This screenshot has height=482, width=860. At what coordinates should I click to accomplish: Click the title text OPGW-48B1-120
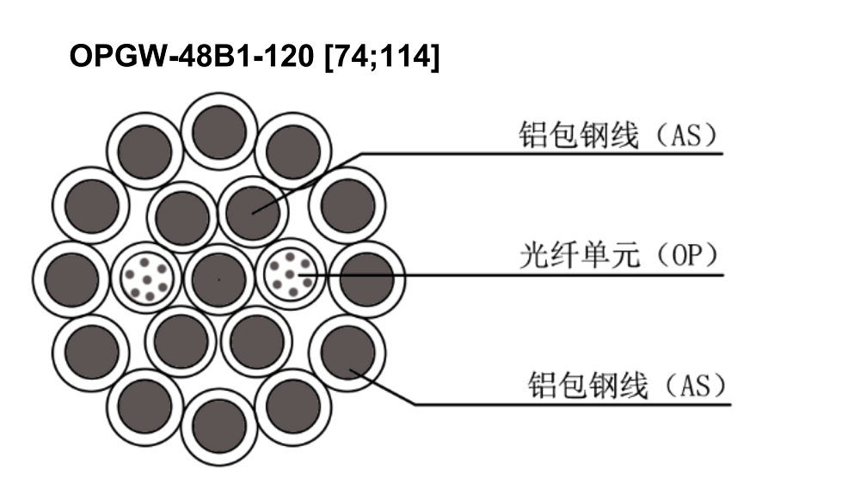(192, 55)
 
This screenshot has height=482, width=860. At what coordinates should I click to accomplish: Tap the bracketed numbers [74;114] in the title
(383, 57)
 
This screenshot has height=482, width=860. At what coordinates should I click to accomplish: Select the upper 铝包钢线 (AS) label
(618, 135)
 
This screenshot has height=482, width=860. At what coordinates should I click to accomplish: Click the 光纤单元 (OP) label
(618, 255)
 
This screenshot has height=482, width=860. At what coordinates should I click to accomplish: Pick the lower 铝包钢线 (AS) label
(626, 385)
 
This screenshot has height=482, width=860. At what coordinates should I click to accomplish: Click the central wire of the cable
(218, 279)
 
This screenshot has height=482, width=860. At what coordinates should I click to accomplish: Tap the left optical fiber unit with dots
(146, 278)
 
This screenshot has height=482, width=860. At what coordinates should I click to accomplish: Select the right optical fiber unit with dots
(291, 274)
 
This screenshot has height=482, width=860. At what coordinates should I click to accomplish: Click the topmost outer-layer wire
(218, 131)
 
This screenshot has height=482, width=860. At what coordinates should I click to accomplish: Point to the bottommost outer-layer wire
(218, 427)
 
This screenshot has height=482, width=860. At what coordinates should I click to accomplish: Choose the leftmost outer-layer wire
(71, 279)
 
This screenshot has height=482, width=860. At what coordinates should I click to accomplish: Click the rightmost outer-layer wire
(367, 279)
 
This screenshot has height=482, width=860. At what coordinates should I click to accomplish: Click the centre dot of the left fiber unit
(146, 280)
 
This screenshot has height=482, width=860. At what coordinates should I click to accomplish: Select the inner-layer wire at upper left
(182, 217)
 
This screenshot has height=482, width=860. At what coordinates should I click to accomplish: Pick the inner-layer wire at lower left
(181, 342)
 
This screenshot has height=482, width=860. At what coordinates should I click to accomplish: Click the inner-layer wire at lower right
(256, 342)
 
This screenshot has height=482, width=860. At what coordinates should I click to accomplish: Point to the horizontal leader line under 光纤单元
(511, 275)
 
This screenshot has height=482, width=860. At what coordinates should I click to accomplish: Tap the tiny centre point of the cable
(218, 279)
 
